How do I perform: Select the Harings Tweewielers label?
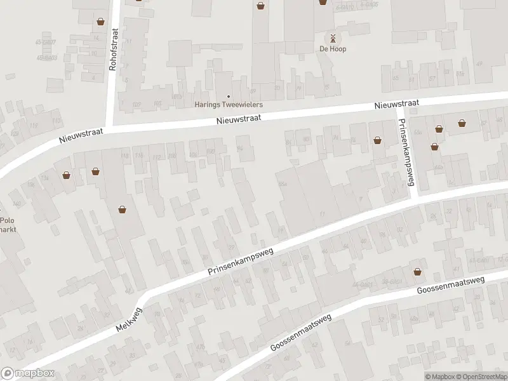[228, 105]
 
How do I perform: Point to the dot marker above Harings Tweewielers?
[229, 96]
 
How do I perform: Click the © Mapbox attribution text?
[440, 376]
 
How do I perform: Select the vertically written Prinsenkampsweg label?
[405, 154]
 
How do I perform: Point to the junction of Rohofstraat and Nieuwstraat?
[113, 127]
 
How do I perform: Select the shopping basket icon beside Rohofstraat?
[100, 22]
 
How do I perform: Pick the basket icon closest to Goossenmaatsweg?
[417, 272]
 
